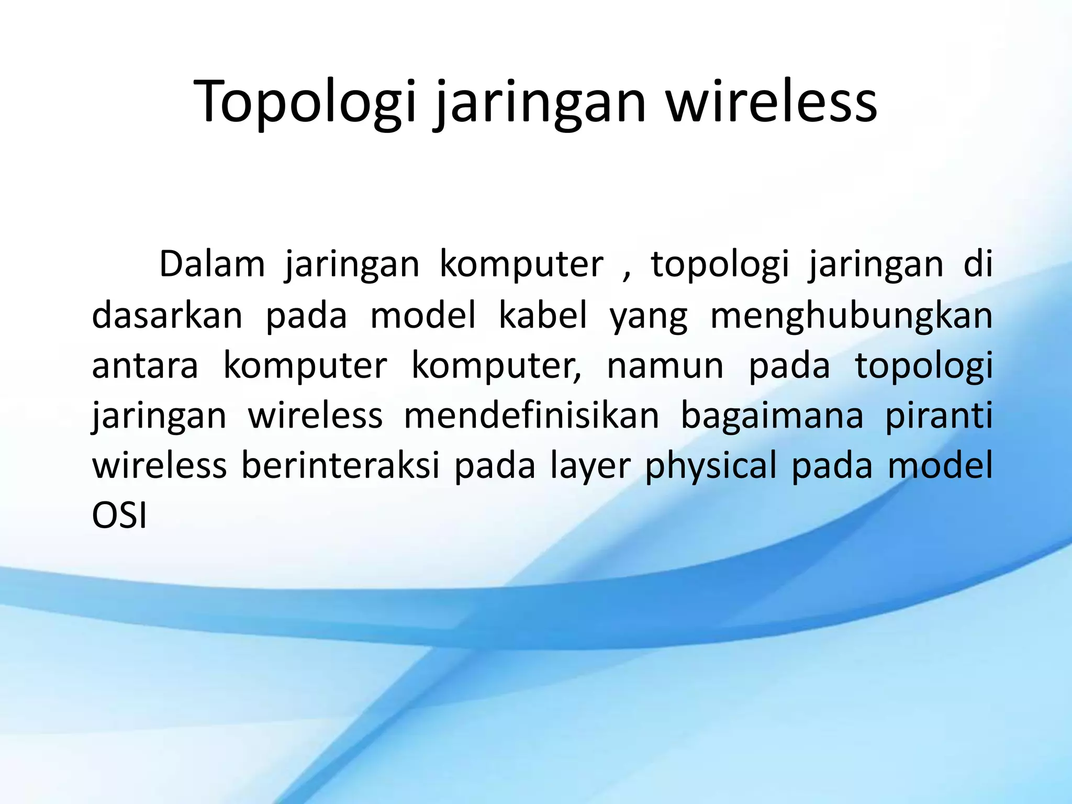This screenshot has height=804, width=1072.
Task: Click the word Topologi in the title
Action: pos(306,102)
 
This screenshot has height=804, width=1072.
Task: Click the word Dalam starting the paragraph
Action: pos(212,264)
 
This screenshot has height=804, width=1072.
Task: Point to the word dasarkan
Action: pos(167,315)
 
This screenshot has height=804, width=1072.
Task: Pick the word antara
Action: pos(145,365)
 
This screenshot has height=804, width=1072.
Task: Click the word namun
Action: pos(665,365)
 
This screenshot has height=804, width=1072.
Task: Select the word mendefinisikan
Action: pos(531,416)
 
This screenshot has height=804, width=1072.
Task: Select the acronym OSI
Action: pos(119,516)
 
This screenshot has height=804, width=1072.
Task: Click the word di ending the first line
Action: pos(978,264)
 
